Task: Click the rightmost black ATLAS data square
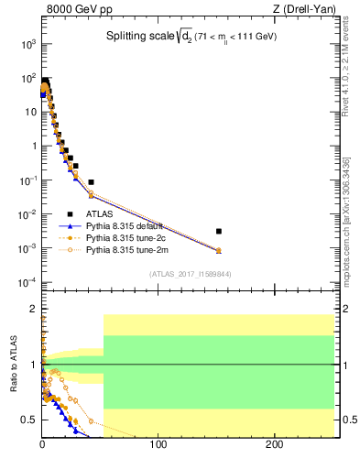coord(218,231)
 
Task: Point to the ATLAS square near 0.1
coord(91,182)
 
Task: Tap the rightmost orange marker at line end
coord(218,250)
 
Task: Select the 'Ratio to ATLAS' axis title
coord(14,365)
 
